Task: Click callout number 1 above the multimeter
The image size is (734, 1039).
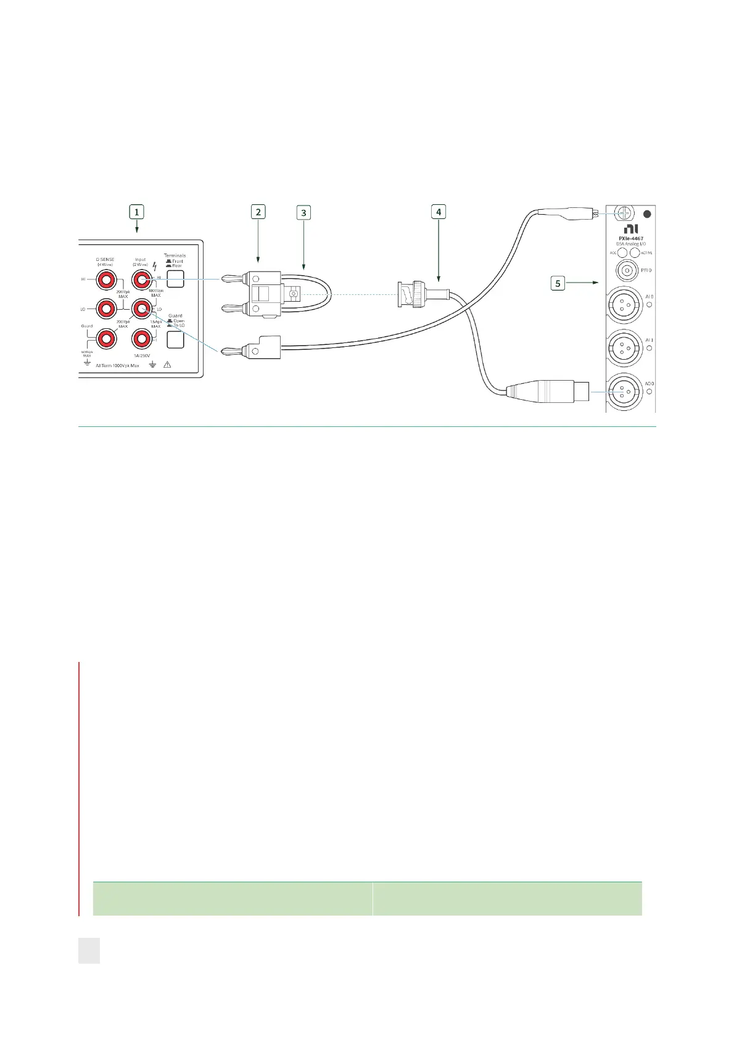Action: [x=136, y=212]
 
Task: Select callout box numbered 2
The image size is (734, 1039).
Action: [x=258, y=212]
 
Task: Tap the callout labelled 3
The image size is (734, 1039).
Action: [x=303, y=213]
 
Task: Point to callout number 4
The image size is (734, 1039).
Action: [x=439, y=212]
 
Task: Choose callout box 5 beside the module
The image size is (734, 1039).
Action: [x=558, y=283]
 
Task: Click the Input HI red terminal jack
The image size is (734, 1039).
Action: [x=141, y=279]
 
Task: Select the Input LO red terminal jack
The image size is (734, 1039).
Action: [x=141, y=308]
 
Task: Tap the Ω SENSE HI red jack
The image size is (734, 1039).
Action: [x=106, y=279]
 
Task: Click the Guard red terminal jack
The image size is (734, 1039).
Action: [x=106, y=338]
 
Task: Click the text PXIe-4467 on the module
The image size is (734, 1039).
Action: [x=630, y=239]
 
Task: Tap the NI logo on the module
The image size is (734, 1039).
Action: [x=630, y=229]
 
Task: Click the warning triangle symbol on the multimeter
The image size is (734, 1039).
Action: [x=167, y=365]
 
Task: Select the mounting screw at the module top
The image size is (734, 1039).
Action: [x=624, y=214]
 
